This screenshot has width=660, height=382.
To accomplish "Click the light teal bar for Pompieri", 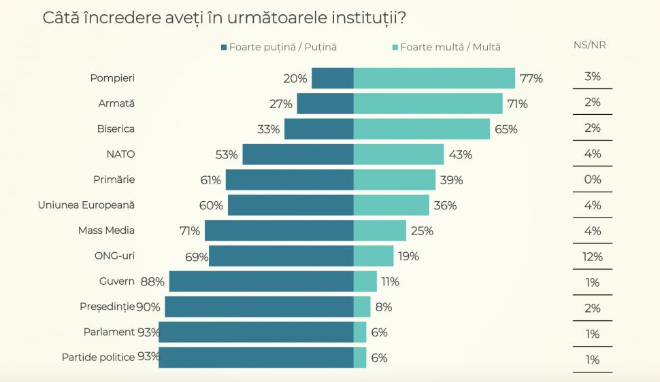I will pyautogui.click(x=434, y=78).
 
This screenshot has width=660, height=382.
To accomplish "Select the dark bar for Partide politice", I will pyautogui.click(x=256, y=358).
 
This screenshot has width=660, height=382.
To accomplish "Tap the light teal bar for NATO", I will pyautogui.click(x=399, y=154).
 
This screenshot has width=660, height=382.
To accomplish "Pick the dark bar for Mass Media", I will pyautogui.click(x=279, y=230).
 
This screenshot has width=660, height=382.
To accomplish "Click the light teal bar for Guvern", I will pyautogui.click(x=365, y=281).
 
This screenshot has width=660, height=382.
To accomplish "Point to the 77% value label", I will pyautogui.click(x=531, y=78).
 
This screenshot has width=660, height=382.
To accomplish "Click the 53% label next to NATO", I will pyautogui.click(x=227, y=154).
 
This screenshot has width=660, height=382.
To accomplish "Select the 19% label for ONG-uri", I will pyautogui.click(x=409, y=256).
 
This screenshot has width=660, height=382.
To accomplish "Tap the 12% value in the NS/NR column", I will pyautogui.click(x=592, y=256).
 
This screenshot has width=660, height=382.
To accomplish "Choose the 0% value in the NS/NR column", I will pyautogui.click(x=592, y=179).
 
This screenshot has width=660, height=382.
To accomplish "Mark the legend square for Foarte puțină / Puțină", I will pyautogui.click(x=224, y=47).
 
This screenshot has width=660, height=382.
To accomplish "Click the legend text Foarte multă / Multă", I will pyautogui.click(x=450, y=47).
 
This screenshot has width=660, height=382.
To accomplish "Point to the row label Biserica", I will pyautogui.click(x=116, y=128).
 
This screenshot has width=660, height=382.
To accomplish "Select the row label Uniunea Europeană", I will pyautogui.click(x=86, y=205).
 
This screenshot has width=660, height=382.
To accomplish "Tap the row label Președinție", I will pyautogui.click(x=107, y=307).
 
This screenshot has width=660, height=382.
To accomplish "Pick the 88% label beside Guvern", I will pyautogui.click(x=152, y=281).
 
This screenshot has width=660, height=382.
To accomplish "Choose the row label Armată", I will pyautogui.click(x=117, y=103).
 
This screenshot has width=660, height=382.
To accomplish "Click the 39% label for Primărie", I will pyautogui.click(x=451, y=180).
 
